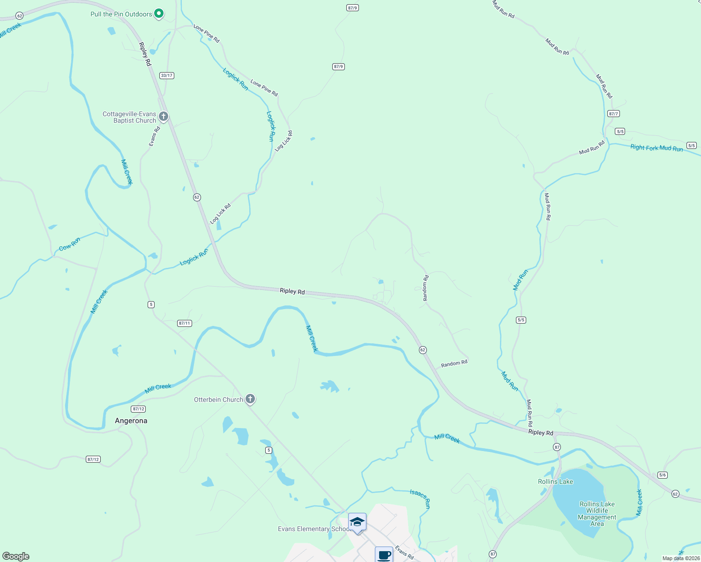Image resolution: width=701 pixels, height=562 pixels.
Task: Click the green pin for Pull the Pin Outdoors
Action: coord(159,14)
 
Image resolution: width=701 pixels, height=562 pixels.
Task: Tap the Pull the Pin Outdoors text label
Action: coord(121,15)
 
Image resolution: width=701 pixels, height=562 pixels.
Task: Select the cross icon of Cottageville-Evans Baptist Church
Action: coord(164,116)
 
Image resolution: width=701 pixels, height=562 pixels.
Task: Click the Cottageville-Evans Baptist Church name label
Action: coord(129,117)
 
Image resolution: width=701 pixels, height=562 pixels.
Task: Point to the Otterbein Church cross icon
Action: coord(250,399)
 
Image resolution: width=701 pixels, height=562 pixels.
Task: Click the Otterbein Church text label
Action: coord(218,400)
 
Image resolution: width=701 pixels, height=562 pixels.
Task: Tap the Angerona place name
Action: coord(131,421)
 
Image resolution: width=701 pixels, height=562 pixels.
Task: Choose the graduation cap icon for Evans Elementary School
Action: coord(357,522)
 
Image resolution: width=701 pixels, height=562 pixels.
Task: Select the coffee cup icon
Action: coord(384,555)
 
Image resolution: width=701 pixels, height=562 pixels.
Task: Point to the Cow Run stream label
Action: coord(69,244)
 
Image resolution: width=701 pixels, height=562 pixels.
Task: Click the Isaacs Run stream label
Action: coord(420,499)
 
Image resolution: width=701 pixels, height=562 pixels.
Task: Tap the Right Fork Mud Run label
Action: coord(656,148)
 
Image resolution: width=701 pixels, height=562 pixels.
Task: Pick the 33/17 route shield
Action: coord(167,75)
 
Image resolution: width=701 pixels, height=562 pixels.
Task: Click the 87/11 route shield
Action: coord(185,323)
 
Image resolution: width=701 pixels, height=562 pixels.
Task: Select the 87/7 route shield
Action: coord(613,114)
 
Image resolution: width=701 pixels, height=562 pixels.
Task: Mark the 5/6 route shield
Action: coord(662,475)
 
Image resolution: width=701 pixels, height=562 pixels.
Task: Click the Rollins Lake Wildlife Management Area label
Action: coord(597,514)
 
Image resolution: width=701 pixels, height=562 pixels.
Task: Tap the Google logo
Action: coord(15,556)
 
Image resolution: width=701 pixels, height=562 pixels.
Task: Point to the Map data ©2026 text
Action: coord(680,558)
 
